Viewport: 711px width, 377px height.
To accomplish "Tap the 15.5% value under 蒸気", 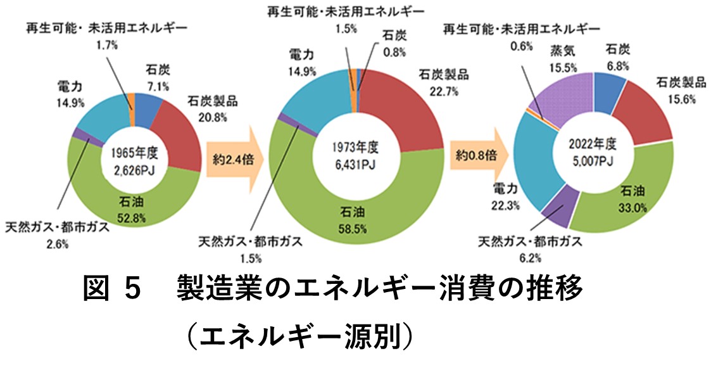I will [563, 65].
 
